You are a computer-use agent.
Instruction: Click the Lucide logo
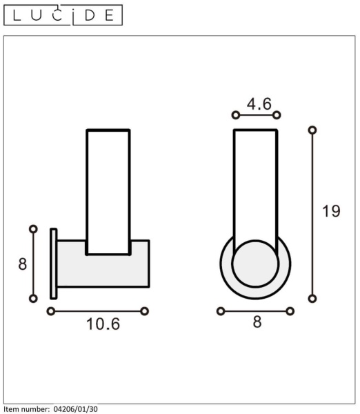tap(63, 15)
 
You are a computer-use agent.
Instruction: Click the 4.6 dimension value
tap(259, 103)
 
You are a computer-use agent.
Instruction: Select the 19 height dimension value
tap(331, 211)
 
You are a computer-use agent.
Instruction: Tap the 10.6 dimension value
tap(103, 324)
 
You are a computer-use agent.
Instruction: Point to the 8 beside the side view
tap(23, 264)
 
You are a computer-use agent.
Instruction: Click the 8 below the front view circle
tap(257, 322)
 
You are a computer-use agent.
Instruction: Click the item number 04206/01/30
tap(75, 409)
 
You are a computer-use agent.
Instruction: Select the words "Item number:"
tap(26, 409)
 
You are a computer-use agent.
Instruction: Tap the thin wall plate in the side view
tap(54, 264)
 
